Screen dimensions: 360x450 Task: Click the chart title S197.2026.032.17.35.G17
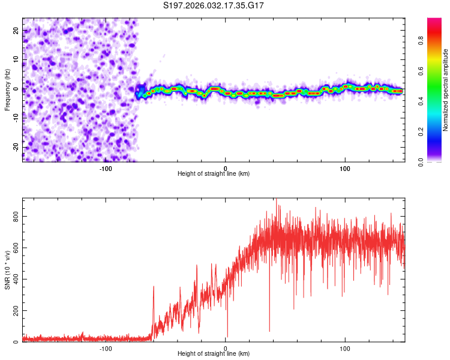pos(214,5)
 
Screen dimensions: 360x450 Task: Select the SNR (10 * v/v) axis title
pos(7,270)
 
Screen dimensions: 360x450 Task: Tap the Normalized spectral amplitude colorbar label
pos(446,90)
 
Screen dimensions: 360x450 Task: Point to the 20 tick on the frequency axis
pos(16,30)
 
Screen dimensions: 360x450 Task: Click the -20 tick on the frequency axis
pos(16,147)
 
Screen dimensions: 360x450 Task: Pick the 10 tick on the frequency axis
pos(16,59)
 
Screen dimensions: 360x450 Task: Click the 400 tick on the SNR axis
pos(16,279)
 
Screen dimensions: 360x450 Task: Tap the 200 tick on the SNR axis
pos(16,310)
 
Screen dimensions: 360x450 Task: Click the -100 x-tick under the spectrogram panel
pos(106,168)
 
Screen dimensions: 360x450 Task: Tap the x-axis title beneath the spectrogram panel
pos(214,174)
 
